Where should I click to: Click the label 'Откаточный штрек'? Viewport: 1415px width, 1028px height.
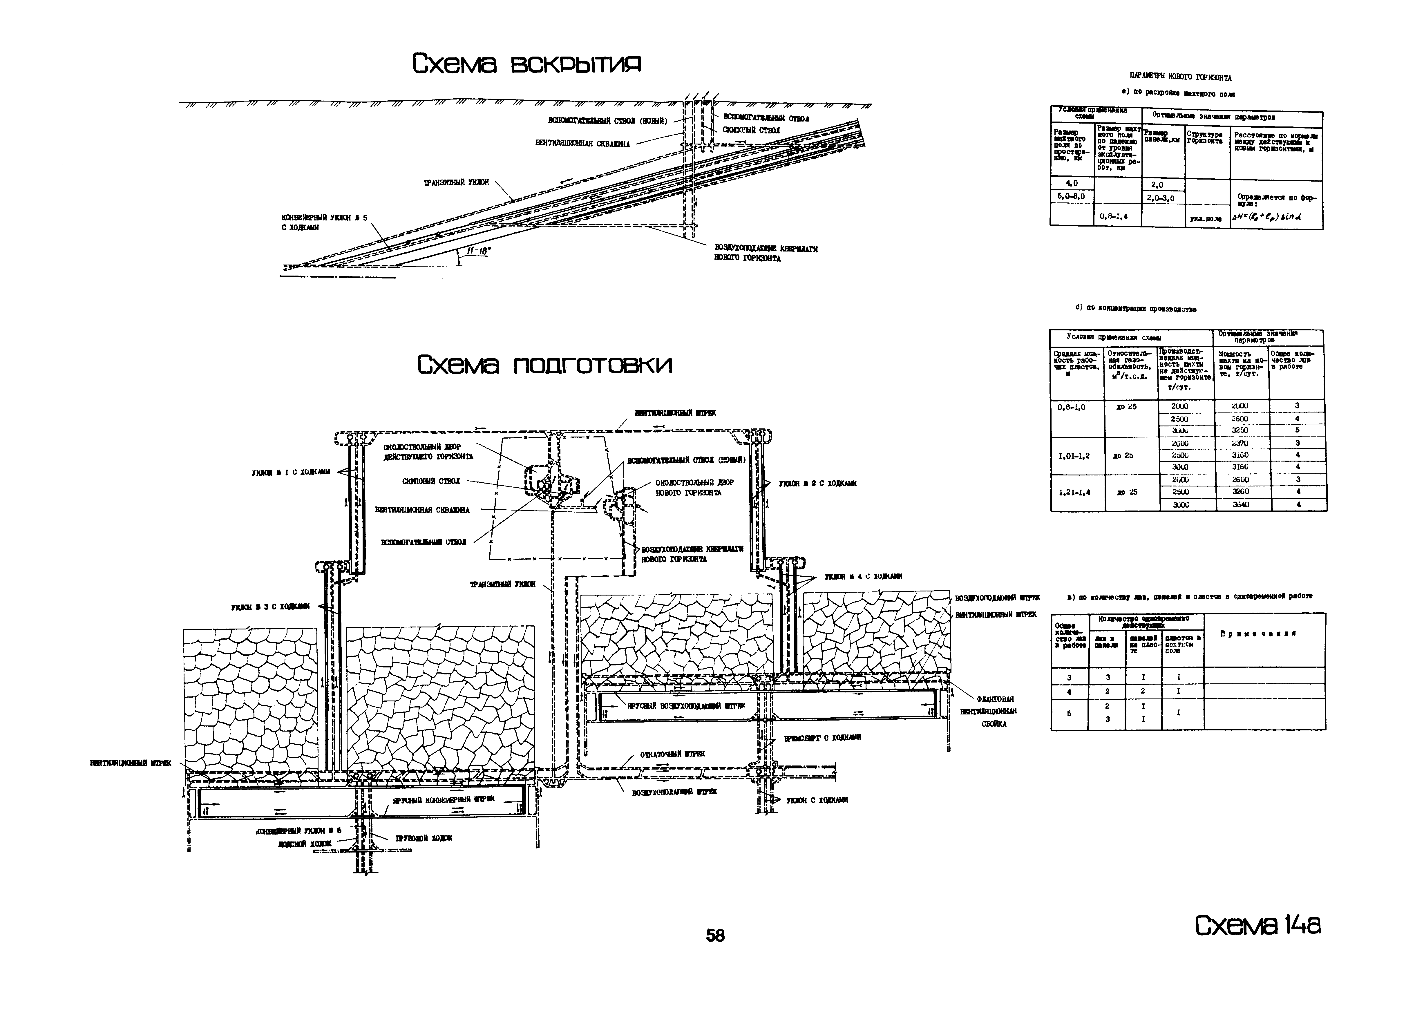pyautogui.click(x=673, y=754)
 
